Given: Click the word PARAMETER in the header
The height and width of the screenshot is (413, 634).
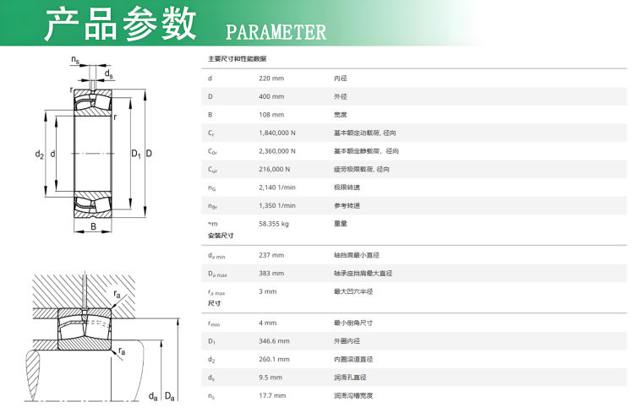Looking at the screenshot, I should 276,32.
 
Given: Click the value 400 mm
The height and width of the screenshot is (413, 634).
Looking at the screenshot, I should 271,96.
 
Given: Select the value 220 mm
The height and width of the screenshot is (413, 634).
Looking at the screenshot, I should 271,78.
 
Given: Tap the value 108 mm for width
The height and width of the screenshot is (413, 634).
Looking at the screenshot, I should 271,114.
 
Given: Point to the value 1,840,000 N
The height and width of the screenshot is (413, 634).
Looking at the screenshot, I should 277,133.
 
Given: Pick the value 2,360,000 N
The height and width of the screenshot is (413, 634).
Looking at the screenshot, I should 277,151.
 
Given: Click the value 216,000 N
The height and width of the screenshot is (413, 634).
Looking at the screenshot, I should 275,169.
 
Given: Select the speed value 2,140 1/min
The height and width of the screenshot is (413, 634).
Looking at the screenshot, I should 277,187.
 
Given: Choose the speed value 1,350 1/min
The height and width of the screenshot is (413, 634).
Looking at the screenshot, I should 277,205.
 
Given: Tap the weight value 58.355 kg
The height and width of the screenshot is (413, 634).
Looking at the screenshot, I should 274,224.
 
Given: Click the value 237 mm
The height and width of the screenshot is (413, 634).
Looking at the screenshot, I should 271,255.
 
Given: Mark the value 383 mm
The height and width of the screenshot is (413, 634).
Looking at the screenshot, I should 271,273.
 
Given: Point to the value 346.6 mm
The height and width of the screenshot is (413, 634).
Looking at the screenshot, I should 274,341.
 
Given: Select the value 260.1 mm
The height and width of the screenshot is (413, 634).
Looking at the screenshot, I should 274,359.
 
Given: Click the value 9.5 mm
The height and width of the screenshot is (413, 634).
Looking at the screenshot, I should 271,377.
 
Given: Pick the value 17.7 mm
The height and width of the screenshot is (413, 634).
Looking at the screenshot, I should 272,395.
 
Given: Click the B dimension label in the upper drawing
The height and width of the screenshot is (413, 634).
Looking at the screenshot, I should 93,226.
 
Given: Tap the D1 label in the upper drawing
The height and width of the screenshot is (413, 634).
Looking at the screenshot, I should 135,154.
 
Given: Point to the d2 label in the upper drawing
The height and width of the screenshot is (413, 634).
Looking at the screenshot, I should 39,154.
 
